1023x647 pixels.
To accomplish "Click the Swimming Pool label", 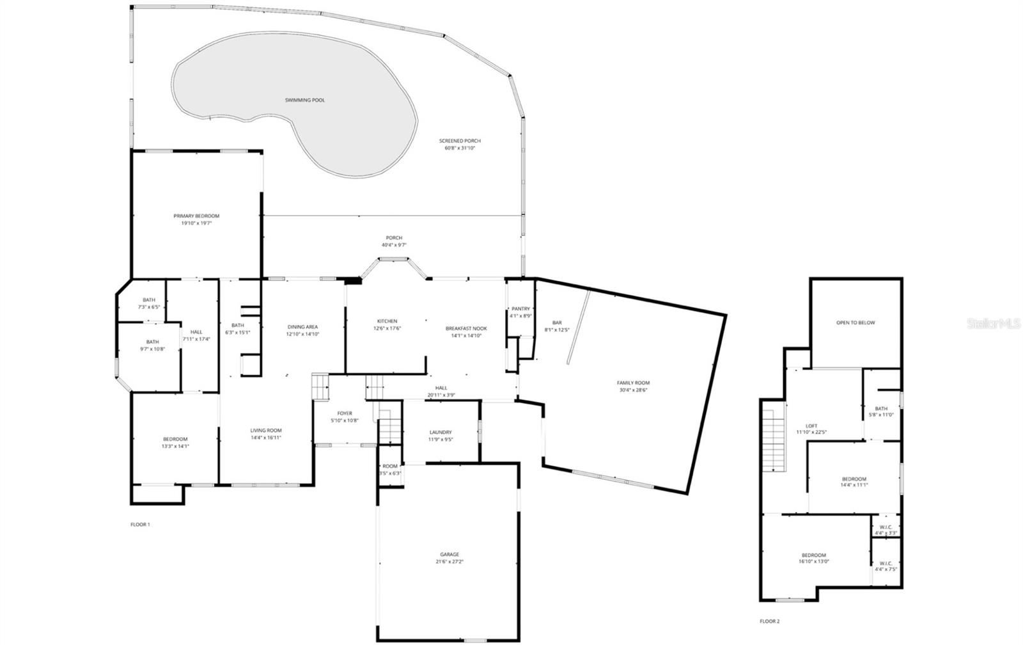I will click(305, 100).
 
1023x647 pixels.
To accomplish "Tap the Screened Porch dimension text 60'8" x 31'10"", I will click(460, 148).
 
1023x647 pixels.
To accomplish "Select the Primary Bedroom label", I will click(196, 216).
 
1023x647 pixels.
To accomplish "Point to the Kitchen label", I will click(387, 321).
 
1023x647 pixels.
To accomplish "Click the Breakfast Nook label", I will click(466, 328).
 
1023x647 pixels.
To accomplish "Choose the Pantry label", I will click(520, 308).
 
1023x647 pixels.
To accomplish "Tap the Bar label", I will click(556, 323).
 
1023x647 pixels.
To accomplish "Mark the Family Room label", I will click(634, 383).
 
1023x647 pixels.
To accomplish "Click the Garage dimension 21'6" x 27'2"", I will click(449, 562).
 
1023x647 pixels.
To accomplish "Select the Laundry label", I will click(441, 433).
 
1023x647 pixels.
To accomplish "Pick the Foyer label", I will click(345, 413).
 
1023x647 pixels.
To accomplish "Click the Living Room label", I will click(265, 430).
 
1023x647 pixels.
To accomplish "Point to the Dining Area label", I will click(302, 326).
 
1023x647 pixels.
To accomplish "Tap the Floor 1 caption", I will click(140, 524).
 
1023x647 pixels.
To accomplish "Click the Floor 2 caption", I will click(769, 621).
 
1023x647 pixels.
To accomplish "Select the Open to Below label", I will click(855, 323).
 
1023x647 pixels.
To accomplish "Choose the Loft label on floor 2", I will click(811, 426).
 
